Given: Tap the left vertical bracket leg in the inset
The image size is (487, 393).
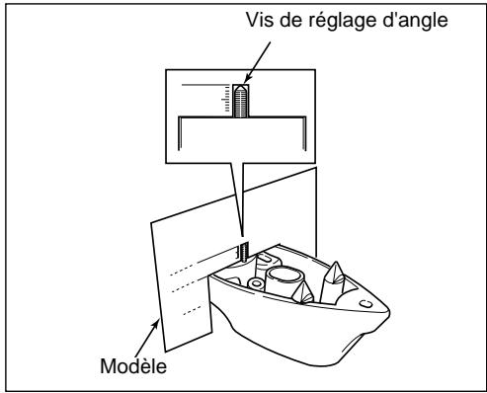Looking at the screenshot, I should tap(178, 137).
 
